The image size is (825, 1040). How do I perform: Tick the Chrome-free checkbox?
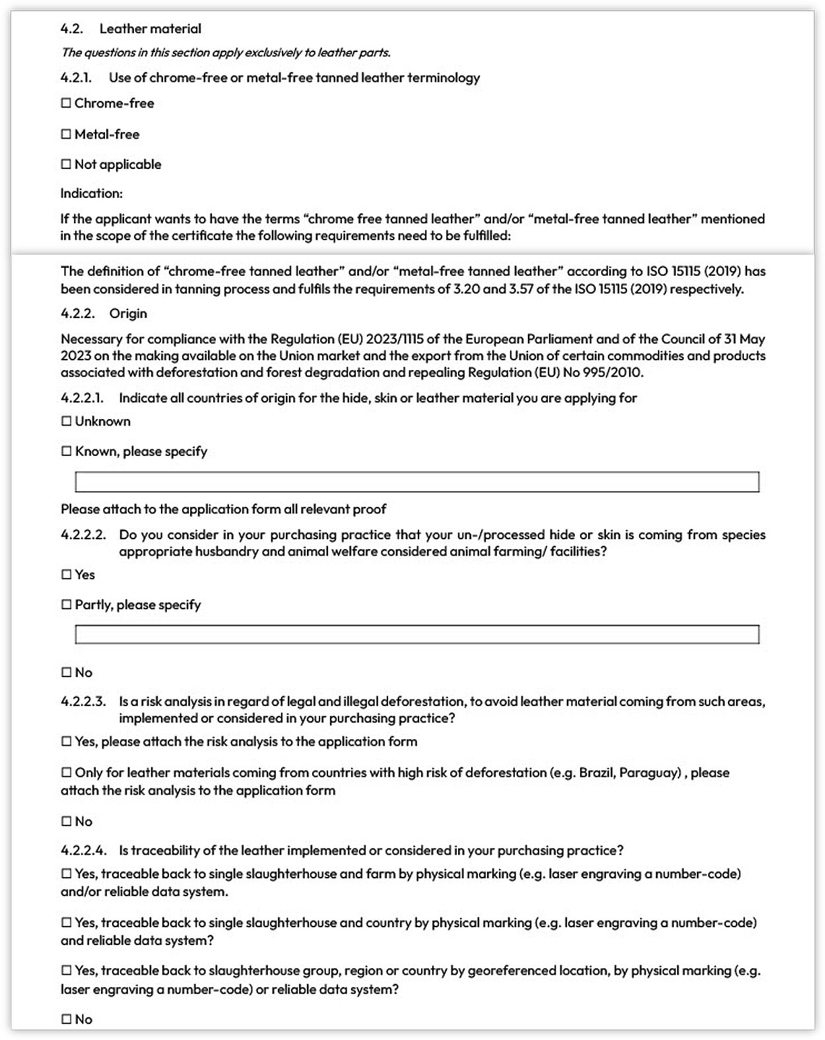[x=66, y=104]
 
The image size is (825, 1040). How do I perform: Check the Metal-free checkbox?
[x=66, y=135]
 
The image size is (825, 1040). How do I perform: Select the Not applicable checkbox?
[x=66, y=164]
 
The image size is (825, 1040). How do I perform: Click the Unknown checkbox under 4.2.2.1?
[x=66, y=421]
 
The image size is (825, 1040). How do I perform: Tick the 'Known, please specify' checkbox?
[x=66, y=451]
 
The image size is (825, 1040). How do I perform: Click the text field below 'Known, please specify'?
[x=416, y=482]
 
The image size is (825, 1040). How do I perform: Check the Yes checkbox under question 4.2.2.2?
[x=66, y=575]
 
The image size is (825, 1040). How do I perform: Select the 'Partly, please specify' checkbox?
[x=66, y=604]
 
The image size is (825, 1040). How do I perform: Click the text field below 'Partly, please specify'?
[x=416, y=634]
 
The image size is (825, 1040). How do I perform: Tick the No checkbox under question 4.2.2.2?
[x=66, y=672]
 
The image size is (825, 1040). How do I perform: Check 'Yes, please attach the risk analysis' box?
[x=66, y=742]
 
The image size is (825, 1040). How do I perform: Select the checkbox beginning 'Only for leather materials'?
[x=66, y=773]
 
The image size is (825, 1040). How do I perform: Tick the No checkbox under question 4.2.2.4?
[x=66, y=1020]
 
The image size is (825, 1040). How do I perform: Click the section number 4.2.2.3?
[x=83, y=701]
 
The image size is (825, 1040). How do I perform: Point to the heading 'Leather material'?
[x=150, y=29]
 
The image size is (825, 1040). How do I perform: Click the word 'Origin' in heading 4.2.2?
[x=128, y=313]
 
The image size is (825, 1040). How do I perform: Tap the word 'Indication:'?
[x=92, y=193]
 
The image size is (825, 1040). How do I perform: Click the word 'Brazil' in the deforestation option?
[x=595, y=773]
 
